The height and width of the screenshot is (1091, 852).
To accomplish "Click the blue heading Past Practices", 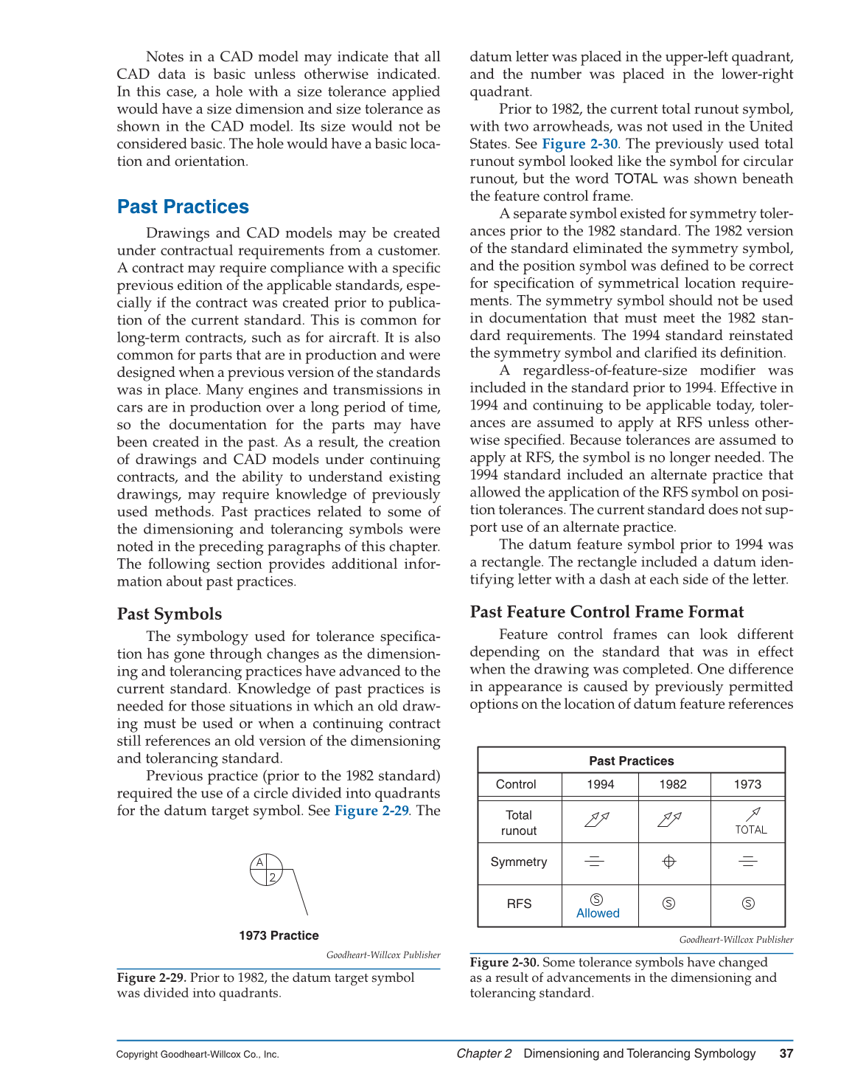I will click(183, 207).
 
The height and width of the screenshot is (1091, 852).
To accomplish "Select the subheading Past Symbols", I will click(170, 614).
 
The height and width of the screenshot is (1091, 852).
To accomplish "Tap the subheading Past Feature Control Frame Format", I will click(607, 612).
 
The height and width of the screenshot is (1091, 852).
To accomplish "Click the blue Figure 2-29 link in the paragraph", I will click(371, 811).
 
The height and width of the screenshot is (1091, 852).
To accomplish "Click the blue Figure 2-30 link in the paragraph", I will click(579, 144).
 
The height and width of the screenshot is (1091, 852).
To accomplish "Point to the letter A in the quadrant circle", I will click(259, 862).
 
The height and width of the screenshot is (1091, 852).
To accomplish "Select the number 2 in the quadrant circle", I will click(273, 877).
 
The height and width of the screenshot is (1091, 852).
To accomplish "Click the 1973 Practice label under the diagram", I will click(279, 935).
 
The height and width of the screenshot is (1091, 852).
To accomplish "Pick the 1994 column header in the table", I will click(600, 784).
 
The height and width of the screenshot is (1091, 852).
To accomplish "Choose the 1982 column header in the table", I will click(673, 784).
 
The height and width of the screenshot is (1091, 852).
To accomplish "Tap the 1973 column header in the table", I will click(747, 784).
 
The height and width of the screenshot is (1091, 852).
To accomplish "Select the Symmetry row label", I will click(519, 862).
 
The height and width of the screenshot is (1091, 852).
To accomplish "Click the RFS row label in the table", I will click(519, 904).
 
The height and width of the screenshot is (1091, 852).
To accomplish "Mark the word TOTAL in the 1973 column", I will click(751, 830).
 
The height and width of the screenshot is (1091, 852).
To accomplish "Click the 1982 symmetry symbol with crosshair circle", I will click(669, 862).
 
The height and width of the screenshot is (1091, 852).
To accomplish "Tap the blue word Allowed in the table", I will click(598, 913).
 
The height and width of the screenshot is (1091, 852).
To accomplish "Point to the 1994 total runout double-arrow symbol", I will click(597, 819).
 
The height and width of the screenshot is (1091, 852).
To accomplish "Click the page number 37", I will click(786, 1053).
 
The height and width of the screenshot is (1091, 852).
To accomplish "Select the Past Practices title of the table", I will click(631, 761).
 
